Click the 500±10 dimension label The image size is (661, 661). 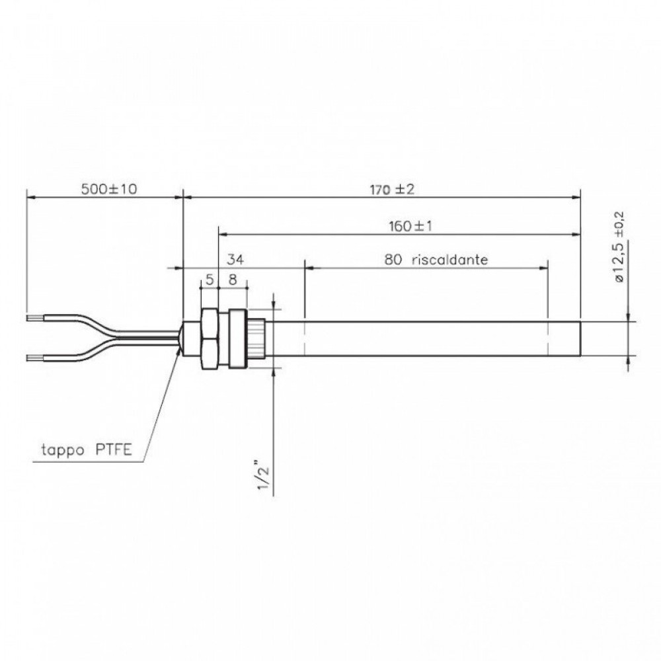click(108, 189)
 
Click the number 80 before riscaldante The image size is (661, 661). click(393, 260)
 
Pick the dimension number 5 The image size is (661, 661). click(209, 280)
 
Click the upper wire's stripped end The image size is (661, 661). click(34, 318)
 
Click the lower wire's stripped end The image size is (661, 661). click(34, 358)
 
